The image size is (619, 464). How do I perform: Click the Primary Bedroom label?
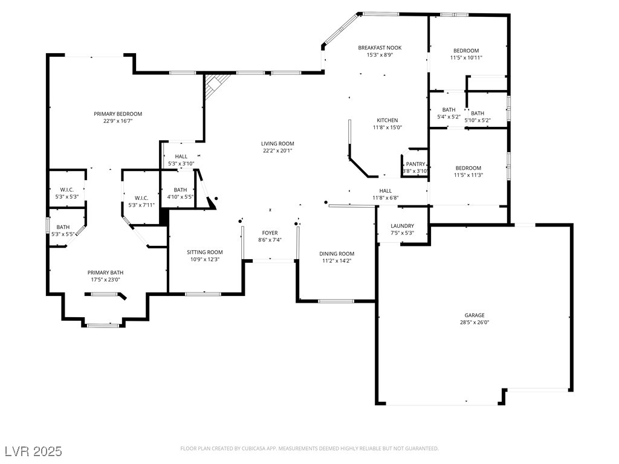coord(118,114)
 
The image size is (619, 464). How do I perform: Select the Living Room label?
coord(277,144)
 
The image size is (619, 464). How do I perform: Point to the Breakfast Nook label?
coord(380,48)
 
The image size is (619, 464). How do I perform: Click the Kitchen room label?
coord(387,120)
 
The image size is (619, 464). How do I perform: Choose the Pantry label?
coord(416,164)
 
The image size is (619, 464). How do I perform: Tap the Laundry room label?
coord(402,226)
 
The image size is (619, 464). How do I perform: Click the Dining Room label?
coord(337,254)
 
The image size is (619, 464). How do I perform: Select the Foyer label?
coord(270,233)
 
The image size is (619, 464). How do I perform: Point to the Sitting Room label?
coord(205,252)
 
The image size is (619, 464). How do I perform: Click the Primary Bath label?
coord(105,272)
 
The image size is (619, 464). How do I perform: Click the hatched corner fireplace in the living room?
coord(216,85)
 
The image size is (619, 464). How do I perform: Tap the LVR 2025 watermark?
coord(34,451)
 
